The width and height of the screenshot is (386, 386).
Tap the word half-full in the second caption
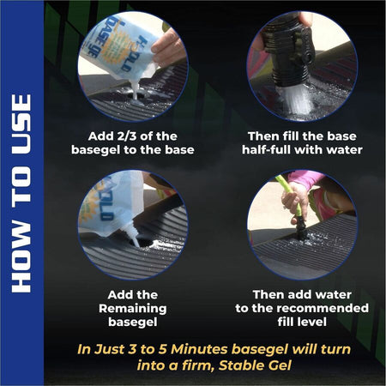(x=266, y=150)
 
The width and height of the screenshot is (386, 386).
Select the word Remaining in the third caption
(x=133, y=309)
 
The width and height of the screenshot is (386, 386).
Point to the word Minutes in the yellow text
(x=199, y=349)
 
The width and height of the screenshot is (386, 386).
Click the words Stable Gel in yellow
(x=255, y=365)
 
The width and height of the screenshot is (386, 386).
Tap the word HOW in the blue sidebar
(x=21, y=257)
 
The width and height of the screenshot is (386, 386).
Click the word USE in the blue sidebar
(x=21, y=124)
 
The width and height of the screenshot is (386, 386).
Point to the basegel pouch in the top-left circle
(x=120, y=45)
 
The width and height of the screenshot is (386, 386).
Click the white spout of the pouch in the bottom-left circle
(x=130, y=233)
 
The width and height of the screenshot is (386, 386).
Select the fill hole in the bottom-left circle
(x=144, y=244)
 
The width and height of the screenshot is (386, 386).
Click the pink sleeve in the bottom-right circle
(x=305, y=179)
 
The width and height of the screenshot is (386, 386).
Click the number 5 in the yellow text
(x=162, y=349)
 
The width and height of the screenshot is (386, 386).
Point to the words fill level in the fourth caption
(x=302, y=322)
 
